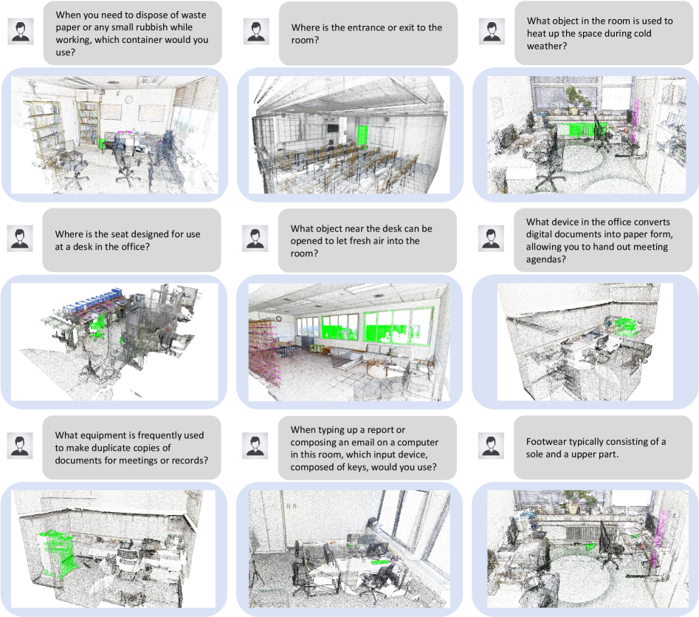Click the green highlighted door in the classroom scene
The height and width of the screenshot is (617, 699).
[x=362, y=137]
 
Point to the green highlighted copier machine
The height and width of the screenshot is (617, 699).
[x=55, y=553]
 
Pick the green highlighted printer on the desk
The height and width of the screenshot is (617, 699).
[x=627, y=327]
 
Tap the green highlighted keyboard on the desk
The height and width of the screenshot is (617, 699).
[x=380, y=562]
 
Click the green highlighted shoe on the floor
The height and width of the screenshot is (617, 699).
[x=590, y=546]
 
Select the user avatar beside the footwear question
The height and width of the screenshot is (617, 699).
[x=491, y=446]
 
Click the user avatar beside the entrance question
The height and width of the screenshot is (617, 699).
[x=256, y=31]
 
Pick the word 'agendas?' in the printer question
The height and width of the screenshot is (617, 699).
[x=545, y=259]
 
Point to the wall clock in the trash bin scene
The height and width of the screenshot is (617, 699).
[x=129, y=100]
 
